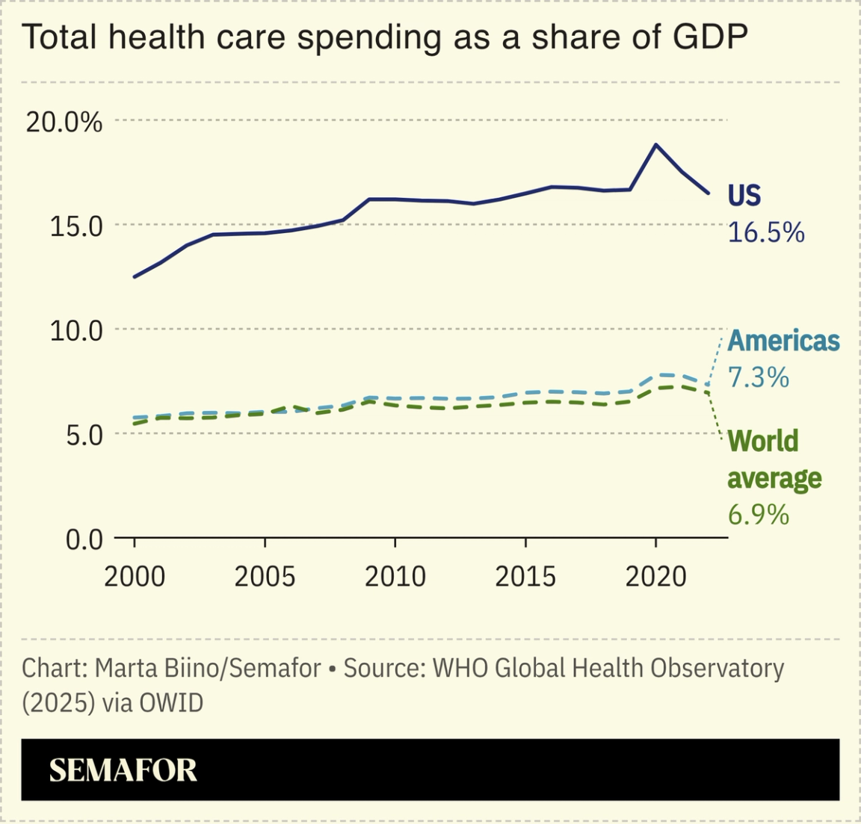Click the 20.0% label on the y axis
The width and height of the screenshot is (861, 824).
pos(64,121)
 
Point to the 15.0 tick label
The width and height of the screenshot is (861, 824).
pos(75,226)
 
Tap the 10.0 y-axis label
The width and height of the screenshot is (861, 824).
pos(75,330)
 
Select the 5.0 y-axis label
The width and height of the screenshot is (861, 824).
pos(84,435)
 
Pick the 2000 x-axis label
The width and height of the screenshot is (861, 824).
pos(135,577)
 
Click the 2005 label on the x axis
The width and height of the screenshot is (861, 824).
pos(265,577)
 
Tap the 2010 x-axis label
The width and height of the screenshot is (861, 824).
pos(395,577)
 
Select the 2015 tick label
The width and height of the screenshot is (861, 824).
pos(525,577)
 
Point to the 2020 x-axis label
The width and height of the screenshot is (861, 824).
pos(655,577)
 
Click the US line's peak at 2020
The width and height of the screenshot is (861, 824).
pos(655,144)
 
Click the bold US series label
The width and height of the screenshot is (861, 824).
pos(744,196)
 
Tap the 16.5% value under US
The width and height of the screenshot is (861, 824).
pos(766,232)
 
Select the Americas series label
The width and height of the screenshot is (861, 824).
pos(783,341)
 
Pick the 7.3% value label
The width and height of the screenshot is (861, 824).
pos(758,377)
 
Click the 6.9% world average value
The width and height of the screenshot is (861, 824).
pos(758,515)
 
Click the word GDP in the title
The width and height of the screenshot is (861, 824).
pos(709,37)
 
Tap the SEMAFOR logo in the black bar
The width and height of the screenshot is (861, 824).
pos(123,770)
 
